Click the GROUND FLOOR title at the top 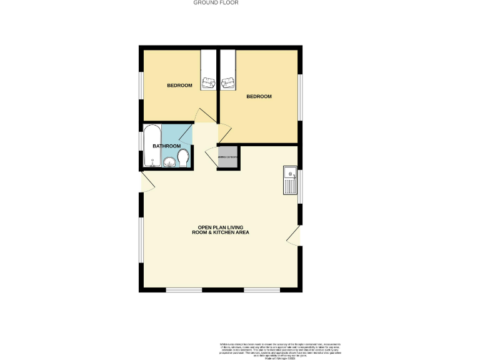coord(216,2)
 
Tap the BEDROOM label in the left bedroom coord(179,86)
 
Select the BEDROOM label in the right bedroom coord(259,96)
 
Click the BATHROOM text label coord(166,146)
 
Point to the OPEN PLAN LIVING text coord(223,227)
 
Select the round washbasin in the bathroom coord(169,162)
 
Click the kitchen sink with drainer coord(291,180)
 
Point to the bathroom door coord(186,133)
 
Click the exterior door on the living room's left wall coord(147,182)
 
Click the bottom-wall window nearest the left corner coord(184,290)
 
